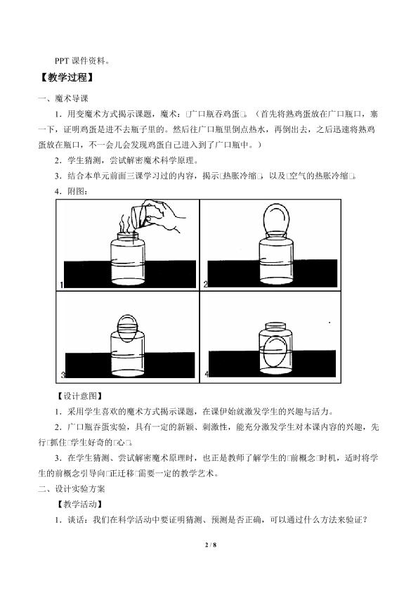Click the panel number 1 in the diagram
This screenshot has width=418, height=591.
(x=62, y=285)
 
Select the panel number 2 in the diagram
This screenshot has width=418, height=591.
(x=206, y=285)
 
